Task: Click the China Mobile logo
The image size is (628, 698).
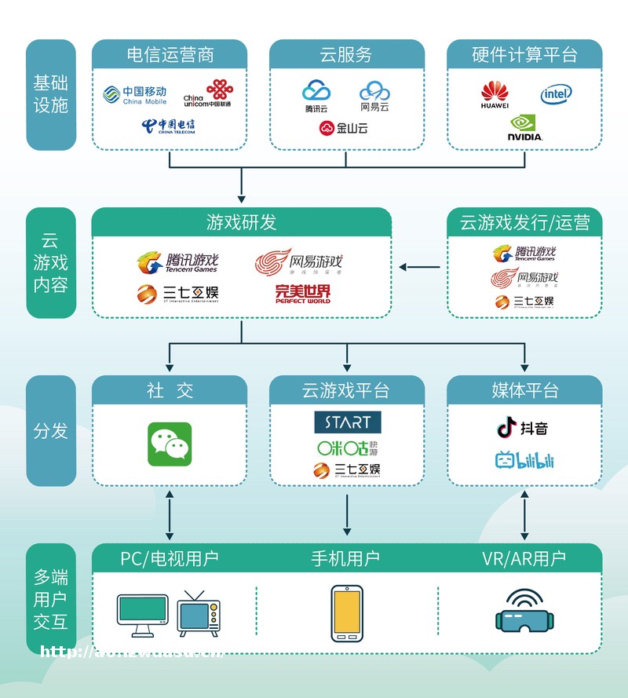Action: tap(135, 95)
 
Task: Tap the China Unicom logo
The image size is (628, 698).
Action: tap(208, 94)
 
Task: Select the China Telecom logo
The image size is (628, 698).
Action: tap(169, 126)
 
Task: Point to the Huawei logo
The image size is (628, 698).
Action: tap(495, 95)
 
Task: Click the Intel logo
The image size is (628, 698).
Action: tap(556, 95)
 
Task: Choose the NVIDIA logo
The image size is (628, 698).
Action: tap(525, 128)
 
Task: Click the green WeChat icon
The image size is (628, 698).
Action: tap(170, 444)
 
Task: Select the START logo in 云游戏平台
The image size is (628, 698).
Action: tap(347, 422)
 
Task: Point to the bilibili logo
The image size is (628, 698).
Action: tap(524, 460)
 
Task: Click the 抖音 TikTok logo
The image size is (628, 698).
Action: tap(523, 428)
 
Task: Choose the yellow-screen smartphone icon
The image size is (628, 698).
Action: tap(346, 611)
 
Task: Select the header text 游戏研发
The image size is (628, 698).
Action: tap(241, 222)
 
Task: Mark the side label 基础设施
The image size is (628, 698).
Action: tap(51, 93)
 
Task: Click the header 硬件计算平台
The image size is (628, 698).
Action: tap(524, 55)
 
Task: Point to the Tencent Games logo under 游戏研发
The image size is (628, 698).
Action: tap(177, 262)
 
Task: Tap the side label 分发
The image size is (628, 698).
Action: tap(51, 430)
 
